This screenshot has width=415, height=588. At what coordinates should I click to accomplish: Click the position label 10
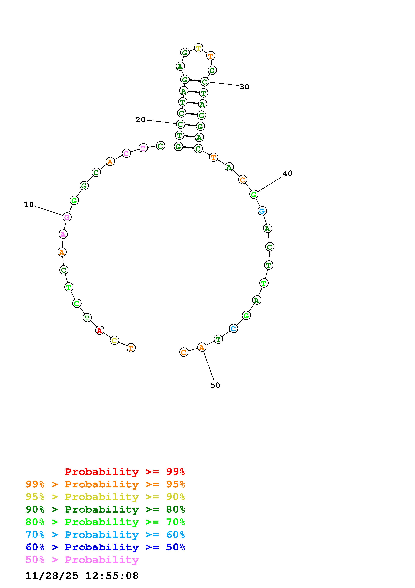tap(29, 205)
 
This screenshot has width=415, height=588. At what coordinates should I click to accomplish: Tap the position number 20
tap(140, 120)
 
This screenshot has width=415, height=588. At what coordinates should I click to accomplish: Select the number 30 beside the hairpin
tap(244, 87)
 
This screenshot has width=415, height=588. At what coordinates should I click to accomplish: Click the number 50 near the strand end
tap(215, 385)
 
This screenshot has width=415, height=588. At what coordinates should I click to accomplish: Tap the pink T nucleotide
tap(143, 148)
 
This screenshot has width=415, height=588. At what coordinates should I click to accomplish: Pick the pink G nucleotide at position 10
tap(67, 217)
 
